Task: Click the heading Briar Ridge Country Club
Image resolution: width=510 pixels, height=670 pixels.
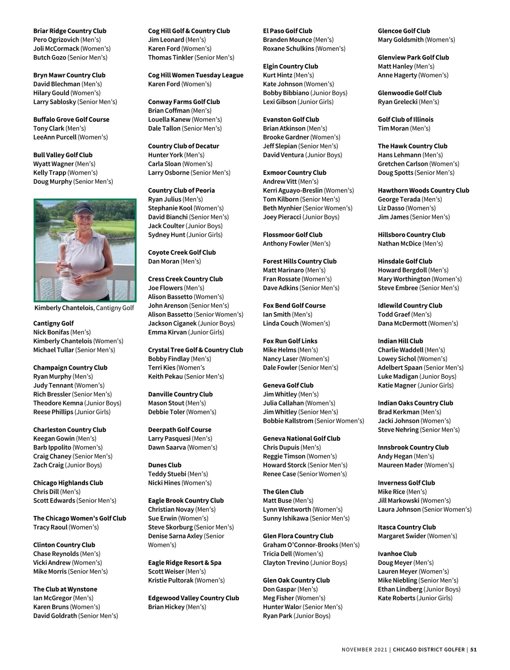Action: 70,31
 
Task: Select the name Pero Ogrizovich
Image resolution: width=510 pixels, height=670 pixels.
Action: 56,40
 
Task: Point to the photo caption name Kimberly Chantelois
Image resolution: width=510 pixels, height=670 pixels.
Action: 64,308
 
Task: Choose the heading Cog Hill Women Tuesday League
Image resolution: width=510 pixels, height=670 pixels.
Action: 195,75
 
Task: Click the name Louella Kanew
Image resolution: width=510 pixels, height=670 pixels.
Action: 169,120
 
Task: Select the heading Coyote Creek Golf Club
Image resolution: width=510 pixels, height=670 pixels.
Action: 182,252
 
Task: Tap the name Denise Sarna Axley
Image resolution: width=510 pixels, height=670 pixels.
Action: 175,536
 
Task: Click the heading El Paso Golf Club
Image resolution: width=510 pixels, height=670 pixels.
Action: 287,31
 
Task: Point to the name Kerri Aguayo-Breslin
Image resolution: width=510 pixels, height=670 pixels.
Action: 292,190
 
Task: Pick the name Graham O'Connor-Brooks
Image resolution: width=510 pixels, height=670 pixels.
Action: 300,545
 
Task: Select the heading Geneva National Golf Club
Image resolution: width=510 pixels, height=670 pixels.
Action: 301,439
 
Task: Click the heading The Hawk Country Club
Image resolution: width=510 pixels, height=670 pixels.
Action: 412,146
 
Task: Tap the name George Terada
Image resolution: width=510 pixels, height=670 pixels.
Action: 399,199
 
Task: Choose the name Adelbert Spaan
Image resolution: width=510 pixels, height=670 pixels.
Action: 400,368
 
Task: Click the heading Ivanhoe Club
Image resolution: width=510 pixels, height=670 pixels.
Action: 397,554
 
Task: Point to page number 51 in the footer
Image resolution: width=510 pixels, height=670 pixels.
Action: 473,650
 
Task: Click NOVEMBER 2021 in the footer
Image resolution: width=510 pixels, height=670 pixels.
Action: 364,650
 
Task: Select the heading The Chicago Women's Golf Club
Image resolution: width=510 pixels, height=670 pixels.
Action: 79,518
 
